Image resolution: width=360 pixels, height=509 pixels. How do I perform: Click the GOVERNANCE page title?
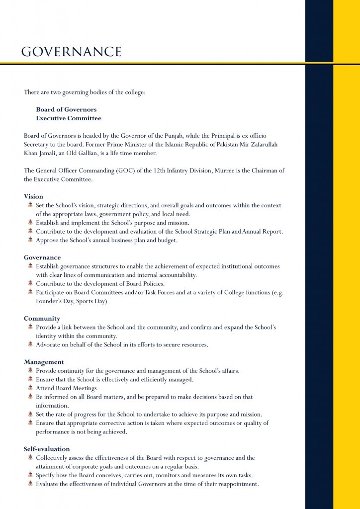pos(72,52)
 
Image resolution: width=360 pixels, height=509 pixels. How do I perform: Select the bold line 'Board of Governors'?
pos(66,109)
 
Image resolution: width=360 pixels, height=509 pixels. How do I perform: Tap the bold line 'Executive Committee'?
pos(68,118)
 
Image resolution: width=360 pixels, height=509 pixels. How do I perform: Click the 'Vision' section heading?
pos(33,196)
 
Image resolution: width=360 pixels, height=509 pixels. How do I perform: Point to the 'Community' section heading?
pos(42,318)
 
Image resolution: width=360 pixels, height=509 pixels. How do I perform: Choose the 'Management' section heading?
pos(44,362)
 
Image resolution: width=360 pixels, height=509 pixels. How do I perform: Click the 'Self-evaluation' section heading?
pos(47,448)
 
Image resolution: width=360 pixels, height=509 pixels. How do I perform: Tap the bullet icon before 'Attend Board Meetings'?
pos(30,388)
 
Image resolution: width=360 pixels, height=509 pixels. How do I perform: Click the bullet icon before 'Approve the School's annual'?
pos(30,240)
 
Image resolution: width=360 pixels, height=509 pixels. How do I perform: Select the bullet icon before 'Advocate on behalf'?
pos(30,344)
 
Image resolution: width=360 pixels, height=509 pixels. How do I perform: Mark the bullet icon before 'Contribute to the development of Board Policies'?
pos(30,283)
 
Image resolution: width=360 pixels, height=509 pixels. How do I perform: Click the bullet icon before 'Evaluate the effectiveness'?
pos(30,484)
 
